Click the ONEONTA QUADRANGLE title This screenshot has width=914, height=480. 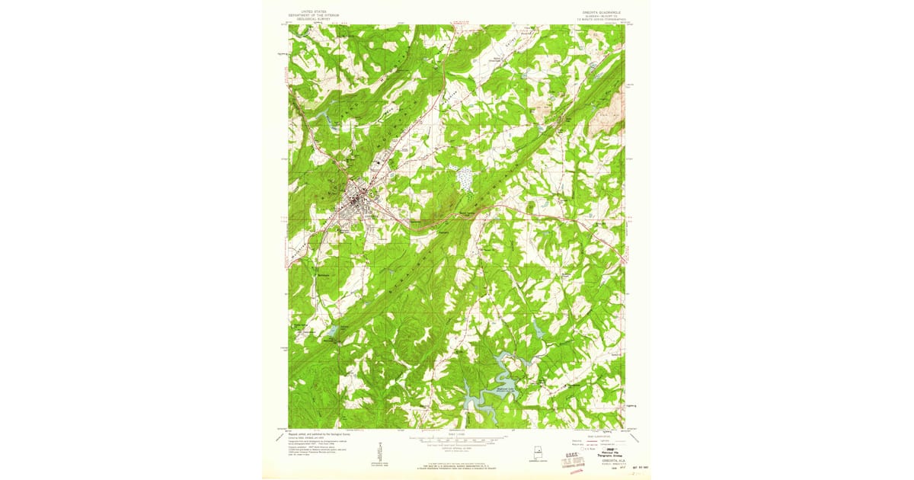602,11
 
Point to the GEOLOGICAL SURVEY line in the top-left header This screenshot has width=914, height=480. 312,19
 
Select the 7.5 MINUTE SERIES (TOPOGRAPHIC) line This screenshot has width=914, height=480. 602,21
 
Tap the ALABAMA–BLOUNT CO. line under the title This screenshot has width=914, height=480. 602,16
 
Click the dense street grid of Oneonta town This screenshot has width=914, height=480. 356,200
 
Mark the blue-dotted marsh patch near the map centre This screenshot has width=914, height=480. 464,179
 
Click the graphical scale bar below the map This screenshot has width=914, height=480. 457,440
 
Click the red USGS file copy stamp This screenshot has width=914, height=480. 570,459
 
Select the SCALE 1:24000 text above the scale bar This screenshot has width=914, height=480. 457,434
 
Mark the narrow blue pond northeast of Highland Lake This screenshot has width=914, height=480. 538,330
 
